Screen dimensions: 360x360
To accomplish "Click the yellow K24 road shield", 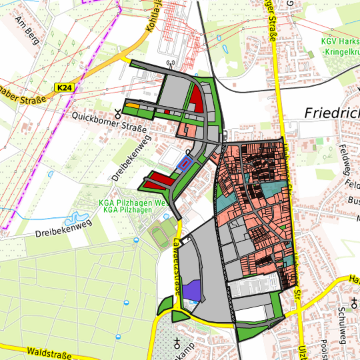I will coord(63,88).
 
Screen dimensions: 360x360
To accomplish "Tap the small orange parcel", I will coord(133,105).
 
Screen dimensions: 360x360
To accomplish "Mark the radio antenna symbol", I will coord(170,65).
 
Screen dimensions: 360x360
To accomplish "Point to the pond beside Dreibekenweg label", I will coord(74,219).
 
